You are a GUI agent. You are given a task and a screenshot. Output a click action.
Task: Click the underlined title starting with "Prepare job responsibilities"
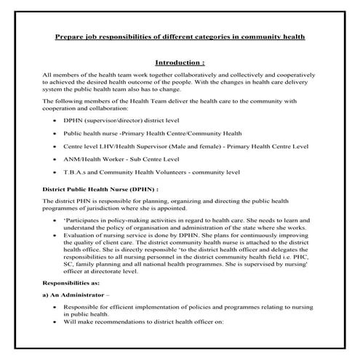(180, 36)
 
